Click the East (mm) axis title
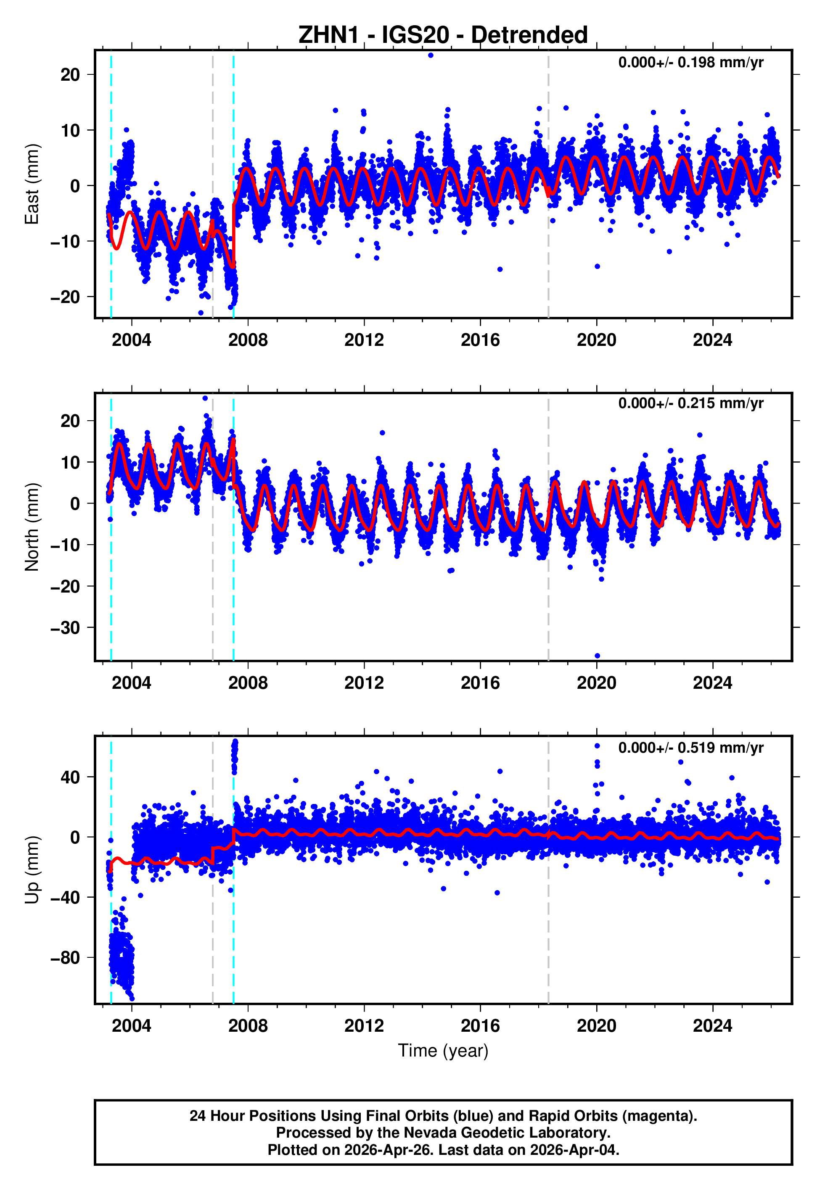click(32, 184)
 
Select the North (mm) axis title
click(32, 527)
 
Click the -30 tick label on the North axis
click(65, 628)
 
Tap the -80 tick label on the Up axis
click(65, 958)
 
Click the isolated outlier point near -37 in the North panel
click(597, 656)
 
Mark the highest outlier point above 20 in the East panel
click(431, 55)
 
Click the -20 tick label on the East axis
click(65, 297)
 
